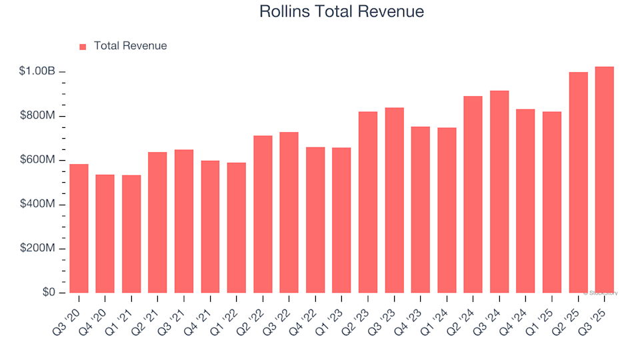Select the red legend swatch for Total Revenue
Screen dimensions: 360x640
(83, 47)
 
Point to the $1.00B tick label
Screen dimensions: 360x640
(37, 72)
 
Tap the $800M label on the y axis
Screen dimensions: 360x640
(37, 116)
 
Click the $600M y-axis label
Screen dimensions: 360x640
(37, 161)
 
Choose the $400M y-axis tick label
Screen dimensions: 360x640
(37, 205)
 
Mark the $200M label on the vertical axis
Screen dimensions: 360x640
(37, 249)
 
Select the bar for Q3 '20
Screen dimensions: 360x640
(79, 229)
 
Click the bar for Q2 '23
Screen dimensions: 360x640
(368, 202)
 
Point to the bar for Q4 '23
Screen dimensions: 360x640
(421, 209)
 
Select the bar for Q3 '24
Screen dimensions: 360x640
(499, 192)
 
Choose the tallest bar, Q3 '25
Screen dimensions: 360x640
(605, 180)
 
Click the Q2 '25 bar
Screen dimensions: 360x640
(578, 183)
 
